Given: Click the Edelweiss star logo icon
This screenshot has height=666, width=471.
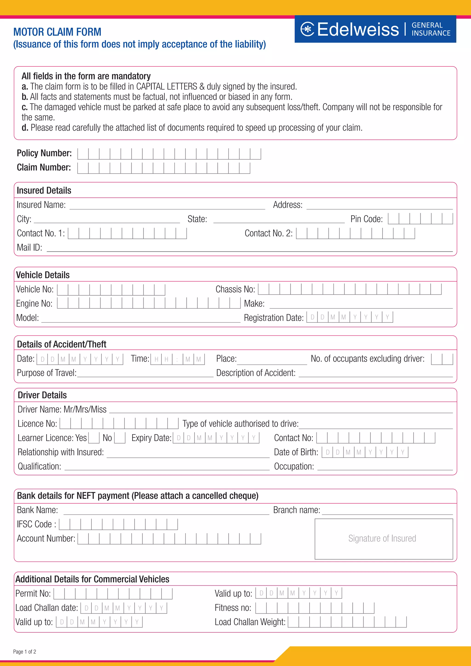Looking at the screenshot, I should [x=307, y=29].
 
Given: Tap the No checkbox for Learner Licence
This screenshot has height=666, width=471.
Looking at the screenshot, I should [x=120, y=438].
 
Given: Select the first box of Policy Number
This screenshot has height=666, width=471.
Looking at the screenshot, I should [x=83, y=154].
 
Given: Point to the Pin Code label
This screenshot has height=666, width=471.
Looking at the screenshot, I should [x=366, y=219].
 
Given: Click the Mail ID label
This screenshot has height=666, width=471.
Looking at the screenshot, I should [x=29, y=247].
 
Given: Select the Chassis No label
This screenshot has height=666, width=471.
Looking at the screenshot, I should [x=235, y=289].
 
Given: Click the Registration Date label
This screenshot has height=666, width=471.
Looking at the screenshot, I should [x=273, y=318].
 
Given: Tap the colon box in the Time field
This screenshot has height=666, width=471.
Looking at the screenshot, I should [x=177, y=359].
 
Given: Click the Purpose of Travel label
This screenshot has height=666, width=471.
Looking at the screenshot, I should [x=46, y=373].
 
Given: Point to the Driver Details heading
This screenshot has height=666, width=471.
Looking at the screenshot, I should [x=42, y=395].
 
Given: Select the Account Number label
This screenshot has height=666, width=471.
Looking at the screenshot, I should [x=46, y=538].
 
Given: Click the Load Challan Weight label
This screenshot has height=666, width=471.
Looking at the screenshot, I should [x=250, y=622].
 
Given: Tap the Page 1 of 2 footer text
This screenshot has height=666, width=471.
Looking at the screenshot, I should [x=25, y=652].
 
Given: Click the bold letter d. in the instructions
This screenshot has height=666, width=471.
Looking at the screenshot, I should [x=25, y=128].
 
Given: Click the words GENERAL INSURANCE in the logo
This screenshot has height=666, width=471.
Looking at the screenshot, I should [x=431, y=29].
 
